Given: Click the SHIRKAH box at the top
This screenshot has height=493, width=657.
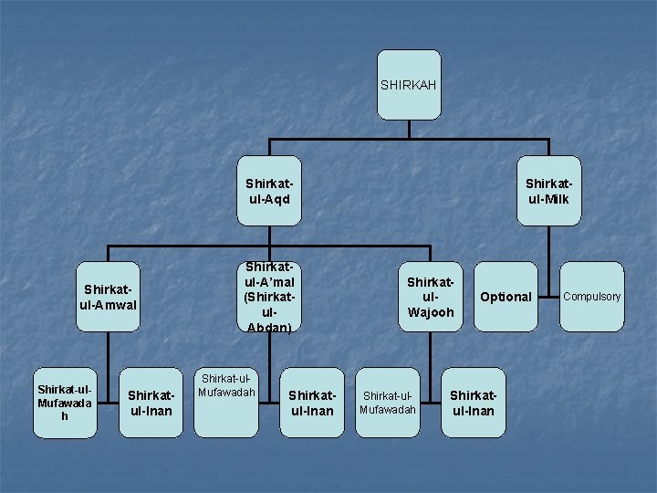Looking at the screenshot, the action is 408,85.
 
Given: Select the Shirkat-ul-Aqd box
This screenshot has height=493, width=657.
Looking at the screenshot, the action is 268,191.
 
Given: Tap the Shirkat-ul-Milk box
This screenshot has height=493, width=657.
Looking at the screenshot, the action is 547,191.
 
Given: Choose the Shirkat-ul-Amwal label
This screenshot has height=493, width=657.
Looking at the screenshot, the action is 109,296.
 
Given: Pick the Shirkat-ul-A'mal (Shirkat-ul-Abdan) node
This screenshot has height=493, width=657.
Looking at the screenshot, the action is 268,296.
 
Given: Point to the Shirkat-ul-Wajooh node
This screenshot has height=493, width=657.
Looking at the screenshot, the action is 430,296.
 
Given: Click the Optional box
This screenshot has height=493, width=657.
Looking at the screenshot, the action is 506,297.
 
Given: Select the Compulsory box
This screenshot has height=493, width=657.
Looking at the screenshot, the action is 592,296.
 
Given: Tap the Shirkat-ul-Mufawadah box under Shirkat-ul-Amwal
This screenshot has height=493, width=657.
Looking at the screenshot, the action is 64,403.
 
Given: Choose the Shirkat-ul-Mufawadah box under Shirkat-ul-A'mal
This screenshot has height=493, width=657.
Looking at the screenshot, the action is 226,403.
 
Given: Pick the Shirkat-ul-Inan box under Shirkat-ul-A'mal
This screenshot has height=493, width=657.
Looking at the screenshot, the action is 312,403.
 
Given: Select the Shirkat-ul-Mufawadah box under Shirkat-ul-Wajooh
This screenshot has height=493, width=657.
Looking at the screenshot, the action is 387,403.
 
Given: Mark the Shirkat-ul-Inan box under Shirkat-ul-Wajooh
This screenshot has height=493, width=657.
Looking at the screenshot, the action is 473,403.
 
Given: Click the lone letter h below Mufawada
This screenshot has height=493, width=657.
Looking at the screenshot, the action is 64,416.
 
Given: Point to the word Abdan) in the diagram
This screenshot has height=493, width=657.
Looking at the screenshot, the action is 268,327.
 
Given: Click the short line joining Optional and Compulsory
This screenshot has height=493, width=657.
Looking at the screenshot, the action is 548,297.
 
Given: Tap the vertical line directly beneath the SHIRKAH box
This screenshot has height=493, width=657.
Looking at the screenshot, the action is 408,130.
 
